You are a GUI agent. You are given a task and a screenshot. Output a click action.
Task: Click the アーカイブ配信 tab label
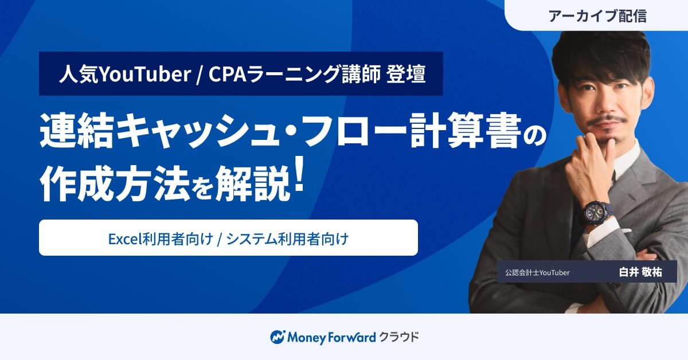597,15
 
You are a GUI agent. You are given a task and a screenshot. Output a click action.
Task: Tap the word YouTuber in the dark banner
144,74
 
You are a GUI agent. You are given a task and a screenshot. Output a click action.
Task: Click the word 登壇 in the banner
406,74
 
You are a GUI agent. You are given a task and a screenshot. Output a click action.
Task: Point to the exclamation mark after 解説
299,175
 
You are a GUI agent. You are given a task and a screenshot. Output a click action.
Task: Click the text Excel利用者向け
161,238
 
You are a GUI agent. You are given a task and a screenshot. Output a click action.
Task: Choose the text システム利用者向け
287,238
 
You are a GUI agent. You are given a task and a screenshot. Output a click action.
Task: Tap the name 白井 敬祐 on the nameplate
640,272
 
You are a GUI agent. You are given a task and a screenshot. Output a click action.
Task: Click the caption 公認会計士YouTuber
537,272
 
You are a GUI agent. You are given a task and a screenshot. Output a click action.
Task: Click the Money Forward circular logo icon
277,337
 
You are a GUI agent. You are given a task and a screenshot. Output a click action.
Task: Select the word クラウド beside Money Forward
399,336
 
